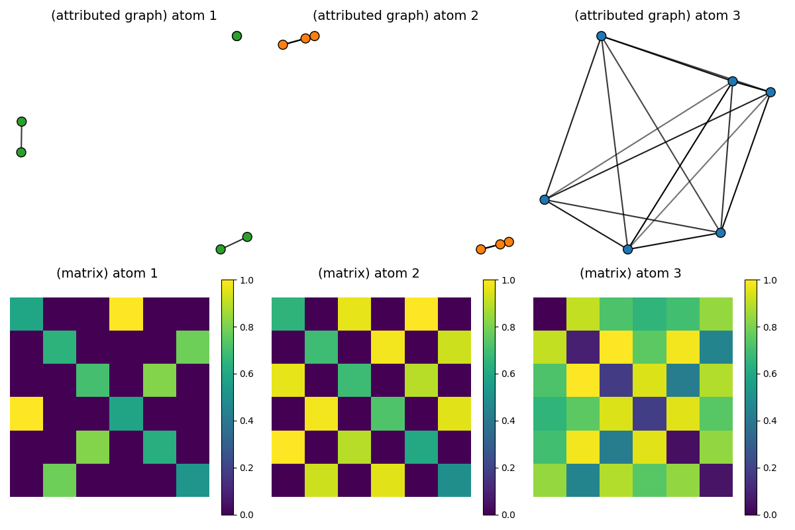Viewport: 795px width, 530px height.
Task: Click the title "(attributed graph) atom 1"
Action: [134, 16]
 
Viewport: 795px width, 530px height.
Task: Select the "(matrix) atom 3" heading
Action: [630, 273]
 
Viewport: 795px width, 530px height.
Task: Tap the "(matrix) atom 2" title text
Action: [368, 273]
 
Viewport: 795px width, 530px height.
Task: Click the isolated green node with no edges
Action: [237, 36]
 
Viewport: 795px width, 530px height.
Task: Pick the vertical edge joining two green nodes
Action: [21, 137]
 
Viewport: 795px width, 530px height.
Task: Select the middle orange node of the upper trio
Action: [305, 38]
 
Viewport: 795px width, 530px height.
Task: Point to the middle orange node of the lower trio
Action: [500, 244]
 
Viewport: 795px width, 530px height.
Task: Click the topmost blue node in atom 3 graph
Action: [601, 36]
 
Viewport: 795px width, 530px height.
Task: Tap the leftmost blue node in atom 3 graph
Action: [545, 199]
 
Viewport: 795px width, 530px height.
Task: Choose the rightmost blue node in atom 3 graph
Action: [770, 92]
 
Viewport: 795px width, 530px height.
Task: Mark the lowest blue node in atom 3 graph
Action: [627, 249]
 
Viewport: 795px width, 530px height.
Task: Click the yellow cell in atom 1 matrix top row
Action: [126, 314]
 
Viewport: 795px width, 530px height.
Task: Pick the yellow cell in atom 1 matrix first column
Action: [26, 413]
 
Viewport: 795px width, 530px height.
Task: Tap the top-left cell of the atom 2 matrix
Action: [288, 314]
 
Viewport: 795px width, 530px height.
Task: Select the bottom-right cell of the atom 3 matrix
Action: [716, 480]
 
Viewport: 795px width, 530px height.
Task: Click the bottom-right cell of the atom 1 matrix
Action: [193, 480]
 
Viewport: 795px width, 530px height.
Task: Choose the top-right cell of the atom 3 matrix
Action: [716, 314]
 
